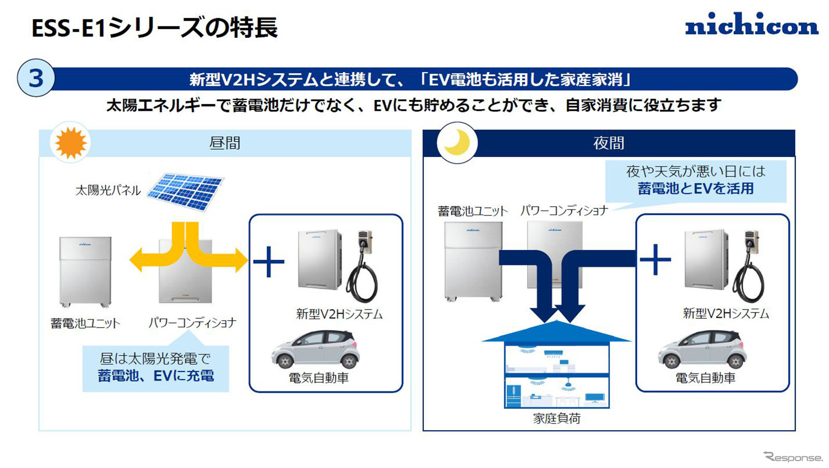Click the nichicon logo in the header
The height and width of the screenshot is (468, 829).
click(x=751, y=25)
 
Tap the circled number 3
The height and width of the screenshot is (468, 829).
click(x=36, y=79)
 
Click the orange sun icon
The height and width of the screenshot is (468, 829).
click(x=70, y=143)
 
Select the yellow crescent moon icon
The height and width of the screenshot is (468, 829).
click(x=457, y=143)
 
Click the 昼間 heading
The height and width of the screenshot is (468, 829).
click(x=225, y=143)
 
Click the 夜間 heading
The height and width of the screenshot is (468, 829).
click(x=609, y=143)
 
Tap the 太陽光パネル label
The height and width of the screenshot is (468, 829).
click(x=108, y=190)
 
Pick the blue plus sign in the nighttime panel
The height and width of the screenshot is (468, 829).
click(x=655, y=259)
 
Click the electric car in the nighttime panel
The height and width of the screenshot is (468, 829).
click(x=702, y=349)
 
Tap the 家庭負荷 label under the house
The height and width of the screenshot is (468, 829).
click(x=556, y=418)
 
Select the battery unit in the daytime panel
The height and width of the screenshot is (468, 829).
click(x=85, y=271)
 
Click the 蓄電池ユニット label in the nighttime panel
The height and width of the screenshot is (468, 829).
click(x=472, y=211)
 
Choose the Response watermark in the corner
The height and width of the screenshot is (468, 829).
click(x=793, y=457)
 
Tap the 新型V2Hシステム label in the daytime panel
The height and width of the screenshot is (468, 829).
click(x=339, y=314)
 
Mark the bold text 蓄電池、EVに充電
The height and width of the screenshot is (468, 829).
click(x=155, y=376)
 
